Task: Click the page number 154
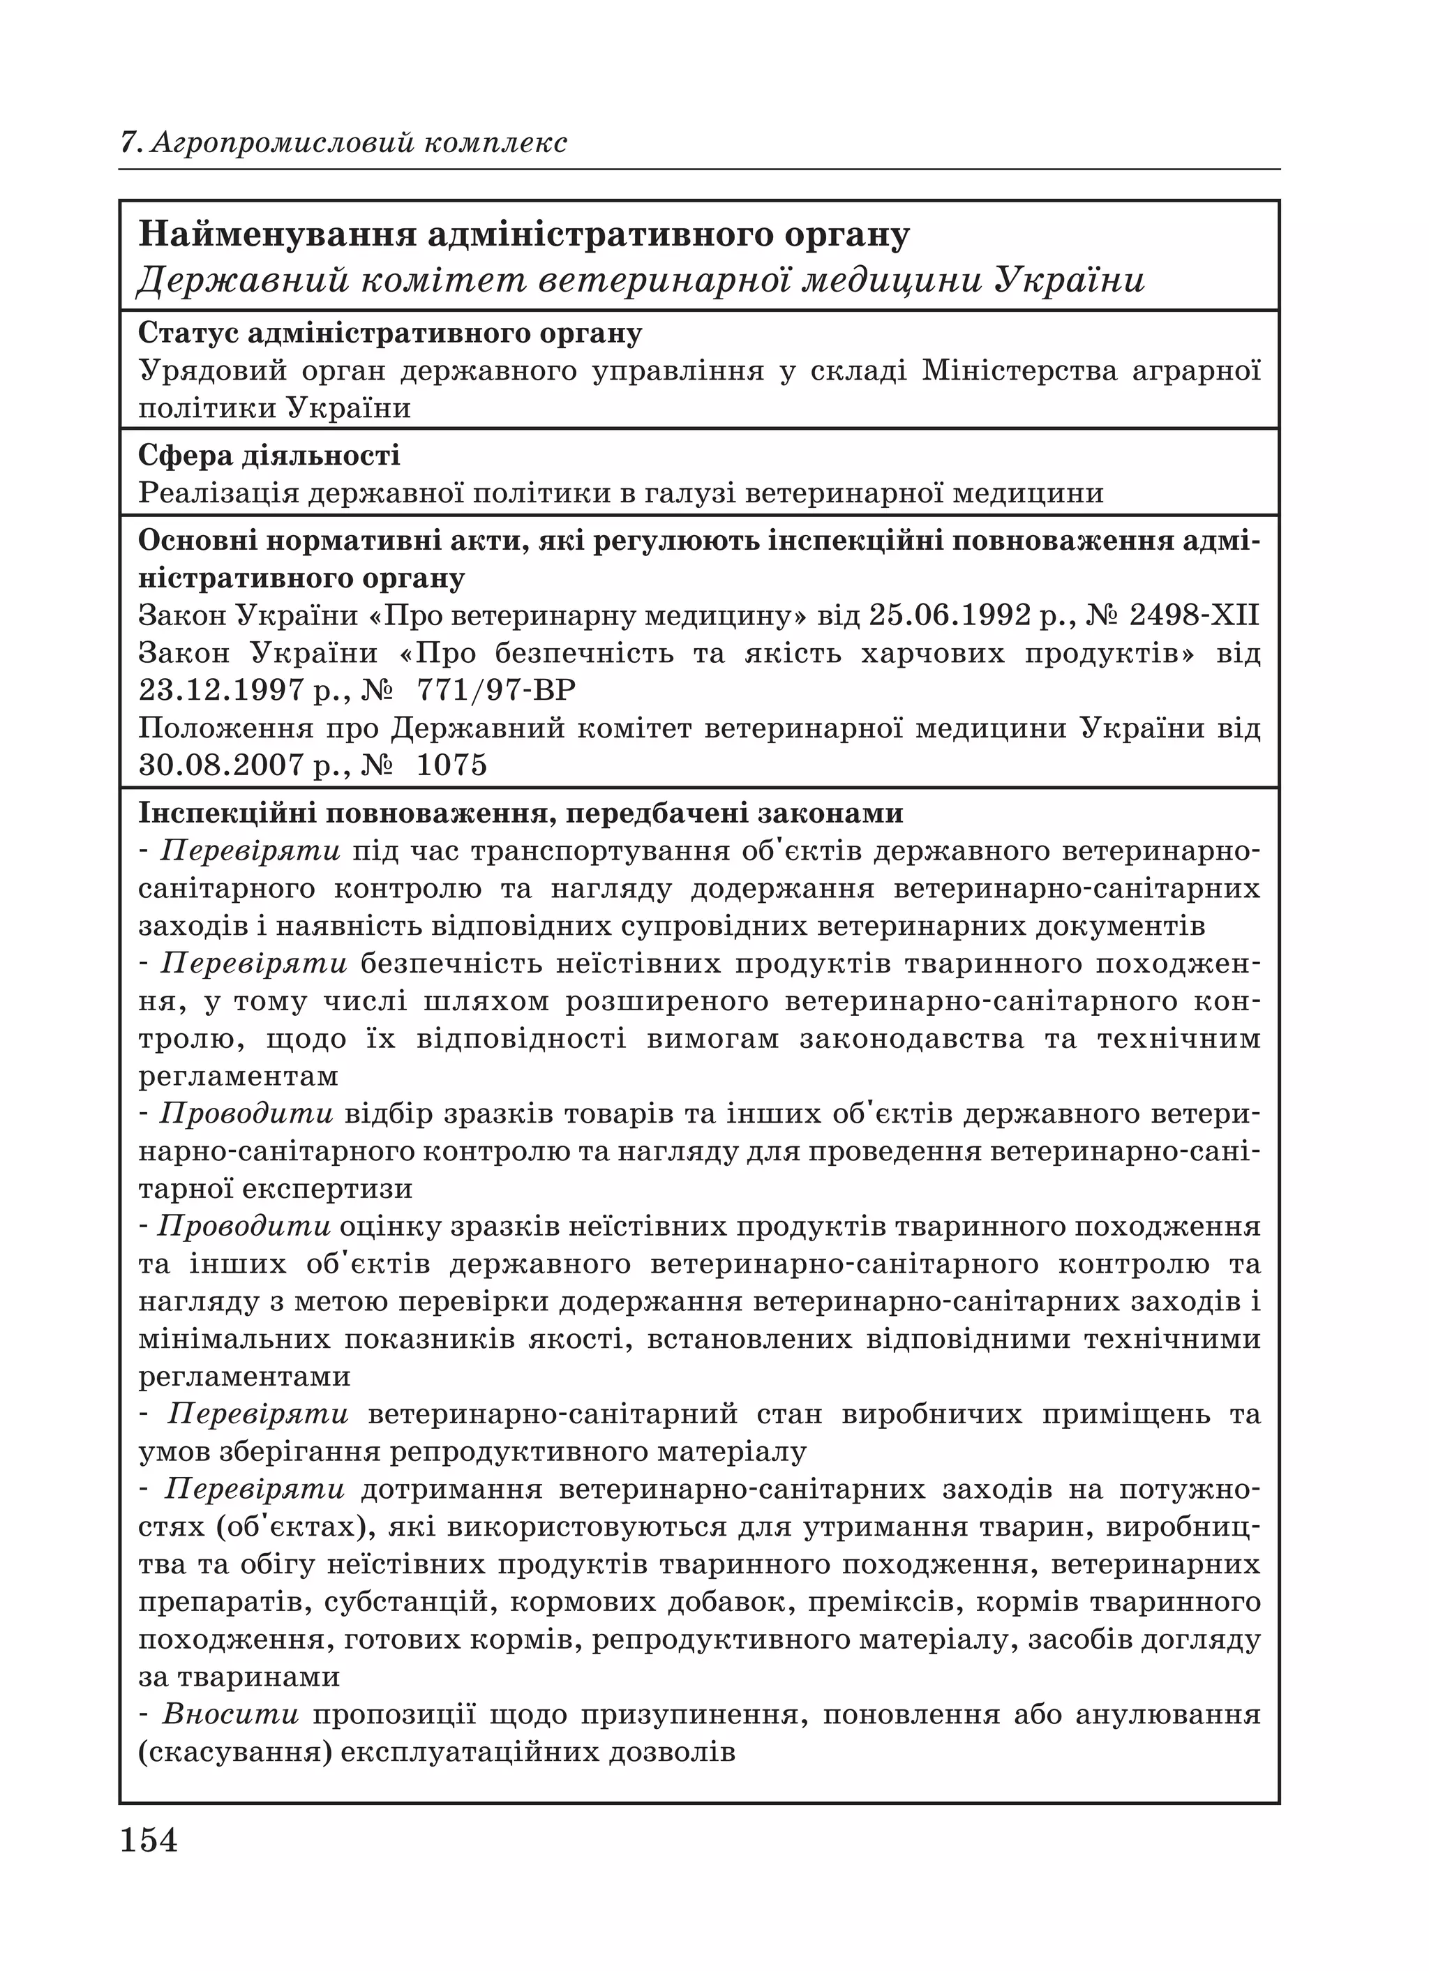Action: [x=149, y=1841]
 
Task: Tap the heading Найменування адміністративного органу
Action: [x=524, y=234]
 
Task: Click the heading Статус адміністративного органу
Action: [x=390, y=334]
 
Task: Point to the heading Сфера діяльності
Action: [x=269, y=456]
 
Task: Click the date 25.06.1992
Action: [x=949, y=616]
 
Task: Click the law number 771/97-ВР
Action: [x=496, y=691]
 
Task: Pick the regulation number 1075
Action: [x=452, y=765]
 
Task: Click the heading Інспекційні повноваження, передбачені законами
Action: [x=521, y=814]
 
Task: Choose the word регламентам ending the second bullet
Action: [x=238, y=1077]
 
